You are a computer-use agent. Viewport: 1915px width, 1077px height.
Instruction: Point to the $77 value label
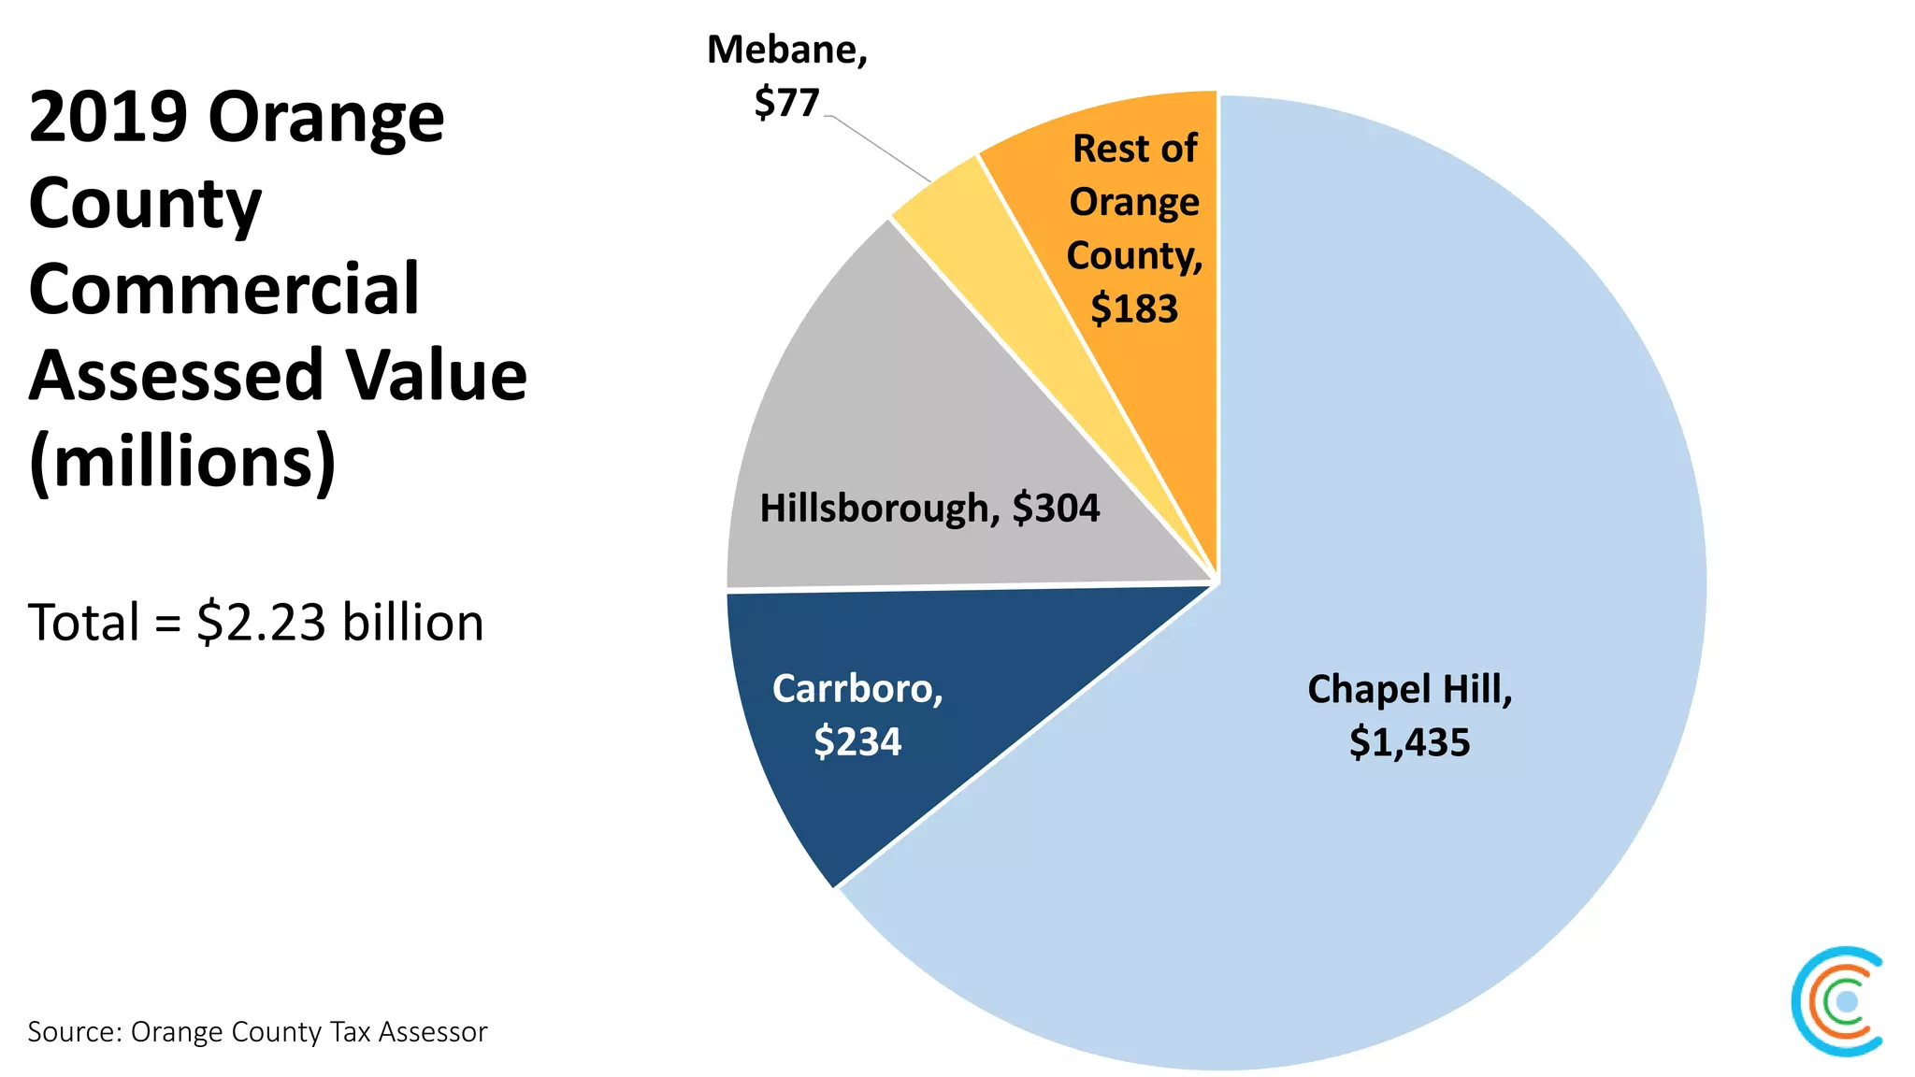786,102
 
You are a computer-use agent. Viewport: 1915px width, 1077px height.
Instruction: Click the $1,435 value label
1409,742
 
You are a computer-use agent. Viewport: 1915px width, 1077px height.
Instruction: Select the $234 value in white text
857,741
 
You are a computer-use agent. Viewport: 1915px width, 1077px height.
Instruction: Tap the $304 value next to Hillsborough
1056,509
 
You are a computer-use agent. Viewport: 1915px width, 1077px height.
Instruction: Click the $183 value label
1134,309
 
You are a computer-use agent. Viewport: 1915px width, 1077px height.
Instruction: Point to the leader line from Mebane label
879,149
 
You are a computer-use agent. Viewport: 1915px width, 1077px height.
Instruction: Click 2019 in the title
108,117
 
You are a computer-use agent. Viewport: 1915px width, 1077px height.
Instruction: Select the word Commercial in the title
224,289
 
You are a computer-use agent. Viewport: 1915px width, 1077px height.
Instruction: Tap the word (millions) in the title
182,462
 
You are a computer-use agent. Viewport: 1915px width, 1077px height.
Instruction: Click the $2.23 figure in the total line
261,623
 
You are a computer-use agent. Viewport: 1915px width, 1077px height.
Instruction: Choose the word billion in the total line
413,623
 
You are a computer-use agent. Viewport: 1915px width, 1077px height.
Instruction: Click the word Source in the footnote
71,1032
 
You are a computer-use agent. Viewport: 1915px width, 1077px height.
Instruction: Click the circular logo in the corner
1838,1001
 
